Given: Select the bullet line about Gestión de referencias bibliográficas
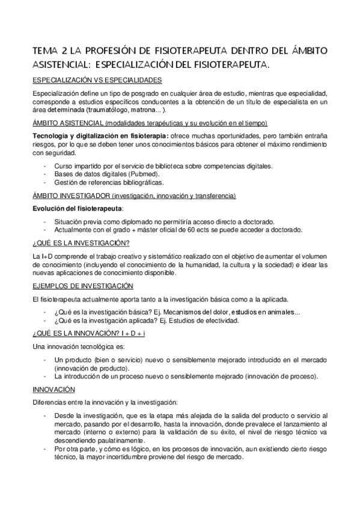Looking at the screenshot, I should (x=108, y=182).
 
